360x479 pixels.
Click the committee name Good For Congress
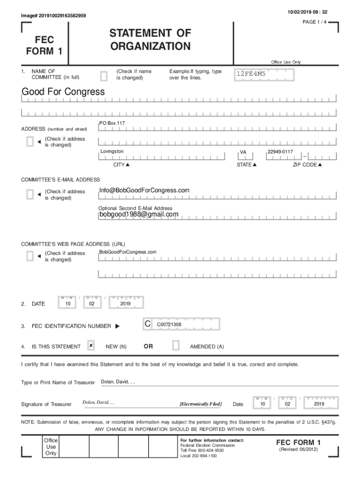pos(63,92)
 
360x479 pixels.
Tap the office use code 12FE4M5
pos(251,74)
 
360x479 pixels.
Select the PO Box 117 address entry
pos(112,123)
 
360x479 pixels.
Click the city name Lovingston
pos(112,152)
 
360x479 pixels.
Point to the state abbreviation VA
pos(243,152)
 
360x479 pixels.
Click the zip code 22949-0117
pos(280,152)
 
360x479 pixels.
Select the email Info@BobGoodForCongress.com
pos(144,190)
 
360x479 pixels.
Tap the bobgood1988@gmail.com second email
pos(138,214)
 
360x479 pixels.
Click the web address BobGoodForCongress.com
pos(128,252)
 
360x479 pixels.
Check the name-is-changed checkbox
pos(104,75)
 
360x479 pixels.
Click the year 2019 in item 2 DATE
pos(125,304)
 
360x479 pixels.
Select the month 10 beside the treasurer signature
pos(263,404)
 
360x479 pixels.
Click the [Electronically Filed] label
pos(201,404)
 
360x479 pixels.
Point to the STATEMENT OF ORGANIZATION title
pos(150,40)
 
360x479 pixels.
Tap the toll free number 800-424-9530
pos(205,450)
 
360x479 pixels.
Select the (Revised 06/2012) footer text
pos(298,450)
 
